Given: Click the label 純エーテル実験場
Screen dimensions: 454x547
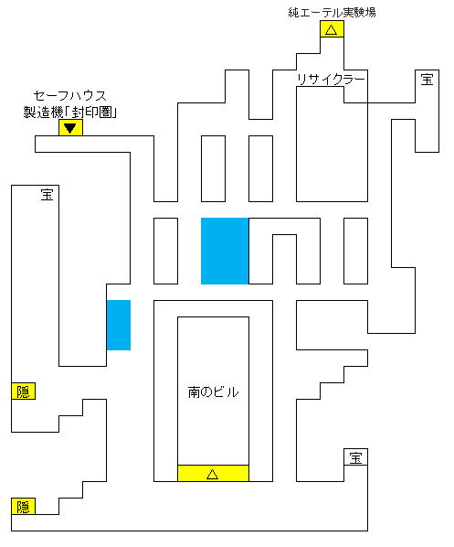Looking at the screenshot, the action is click(x=332, y=13).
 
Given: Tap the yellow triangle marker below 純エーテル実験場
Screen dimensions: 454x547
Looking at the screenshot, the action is click(x=332, y=29).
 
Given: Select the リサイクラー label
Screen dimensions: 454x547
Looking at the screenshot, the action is click(x=331, y=80).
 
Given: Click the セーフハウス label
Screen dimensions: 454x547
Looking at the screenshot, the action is click(x=70, y=95).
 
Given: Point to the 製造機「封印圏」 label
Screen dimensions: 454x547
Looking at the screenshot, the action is click(x=70, y=113).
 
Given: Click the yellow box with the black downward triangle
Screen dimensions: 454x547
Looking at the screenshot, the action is click(x=70, y=128).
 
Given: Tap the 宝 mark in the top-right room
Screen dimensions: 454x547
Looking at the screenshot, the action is click(x=427, y=80).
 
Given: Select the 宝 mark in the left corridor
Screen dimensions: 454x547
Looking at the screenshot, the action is click(x=47, y=195).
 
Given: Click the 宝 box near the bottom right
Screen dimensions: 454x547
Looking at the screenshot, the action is click(x=355, y=457).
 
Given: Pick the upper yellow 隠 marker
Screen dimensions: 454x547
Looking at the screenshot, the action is click(x=24, y=391).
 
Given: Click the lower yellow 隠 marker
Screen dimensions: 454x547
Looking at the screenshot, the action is click(x=24, y=506).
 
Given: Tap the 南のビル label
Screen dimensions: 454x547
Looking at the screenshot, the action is click(x=213, y=392).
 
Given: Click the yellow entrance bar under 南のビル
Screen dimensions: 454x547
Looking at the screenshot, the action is click(x=213, y=474).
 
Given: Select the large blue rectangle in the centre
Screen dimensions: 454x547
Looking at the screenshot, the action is click(x=225, y=252).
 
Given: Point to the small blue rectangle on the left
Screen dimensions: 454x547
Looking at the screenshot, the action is click(x=119, y=325).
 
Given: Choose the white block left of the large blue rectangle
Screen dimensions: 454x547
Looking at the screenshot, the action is click(x=166, y=252).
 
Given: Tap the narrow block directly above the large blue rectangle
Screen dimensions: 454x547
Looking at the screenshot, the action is click(x=213, y=169).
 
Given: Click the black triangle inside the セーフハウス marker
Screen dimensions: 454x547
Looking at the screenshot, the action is click(x=70, y=128).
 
